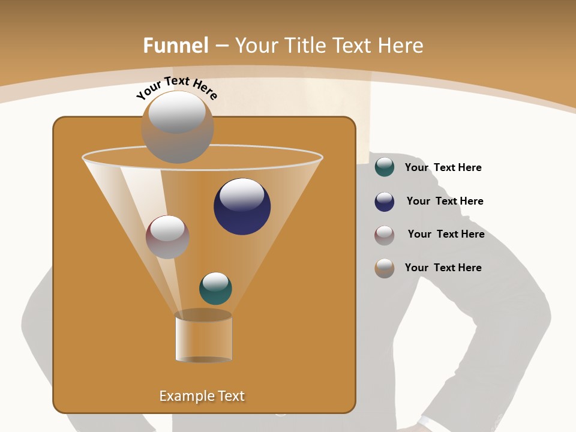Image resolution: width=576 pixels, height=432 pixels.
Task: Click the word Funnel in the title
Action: point(175,46)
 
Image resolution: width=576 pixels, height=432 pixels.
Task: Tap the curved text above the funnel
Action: point(176,88)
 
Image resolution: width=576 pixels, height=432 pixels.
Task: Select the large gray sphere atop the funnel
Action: point(178,127)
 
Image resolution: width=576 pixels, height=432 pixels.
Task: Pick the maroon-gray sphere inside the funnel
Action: point(167,237)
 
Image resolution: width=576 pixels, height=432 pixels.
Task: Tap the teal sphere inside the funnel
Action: point(215,289)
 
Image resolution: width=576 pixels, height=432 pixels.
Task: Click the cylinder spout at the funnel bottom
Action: point(203,337)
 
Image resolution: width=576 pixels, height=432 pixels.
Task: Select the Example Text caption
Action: point(202,396)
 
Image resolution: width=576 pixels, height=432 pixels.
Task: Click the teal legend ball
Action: point(385,167)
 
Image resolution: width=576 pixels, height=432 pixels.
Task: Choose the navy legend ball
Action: point(385,201)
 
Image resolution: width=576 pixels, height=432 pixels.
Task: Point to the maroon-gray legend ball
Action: point(385,235)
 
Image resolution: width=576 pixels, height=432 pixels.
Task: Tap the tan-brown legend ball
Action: point(385,268)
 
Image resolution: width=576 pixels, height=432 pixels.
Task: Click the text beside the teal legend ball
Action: point(443,168)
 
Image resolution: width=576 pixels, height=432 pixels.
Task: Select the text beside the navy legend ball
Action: point(445,202)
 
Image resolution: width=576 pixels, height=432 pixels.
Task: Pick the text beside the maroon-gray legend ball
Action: point(446,235)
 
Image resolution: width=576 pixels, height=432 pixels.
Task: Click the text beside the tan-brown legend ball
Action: point(443,268)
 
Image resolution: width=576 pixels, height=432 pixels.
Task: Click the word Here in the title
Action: point(402,46)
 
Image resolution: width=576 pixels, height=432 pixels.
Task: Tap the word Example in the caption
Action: point(186,396)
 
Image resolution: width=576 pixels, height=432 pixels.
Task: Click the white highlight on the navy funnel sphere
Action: point(242,195)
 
